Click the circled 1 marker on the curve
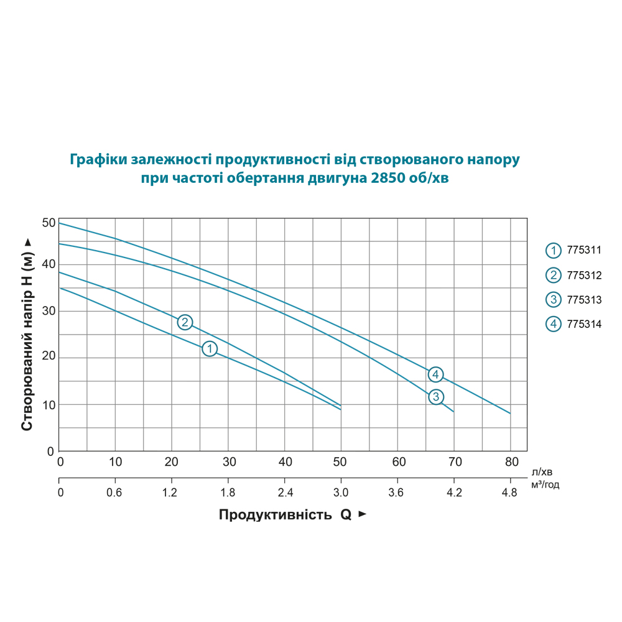tap(210, 349)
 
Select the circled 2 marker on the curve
tap(185, 322)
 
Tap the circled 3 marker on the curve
tap(436, 397)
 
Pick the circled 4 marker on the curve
tap(436, 374)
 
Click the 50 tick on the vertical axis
tap(49, 223)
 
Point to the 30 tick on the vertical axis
tap(49, 311)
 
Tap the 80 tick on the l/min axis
tap(511, 462)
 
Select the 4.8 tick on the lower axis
tap(509, 493)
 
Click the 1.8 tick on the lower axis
tap(228, 493)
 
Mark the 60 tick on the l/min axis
tap(399, 462)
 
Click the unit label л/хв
tap(542, 472)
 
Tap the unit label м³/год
tap(545, 485)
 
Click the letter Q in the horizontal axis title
tap(345, 515)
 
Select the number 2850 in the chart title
tap(386, 179)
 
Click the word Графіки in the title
tap(98, 159)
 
